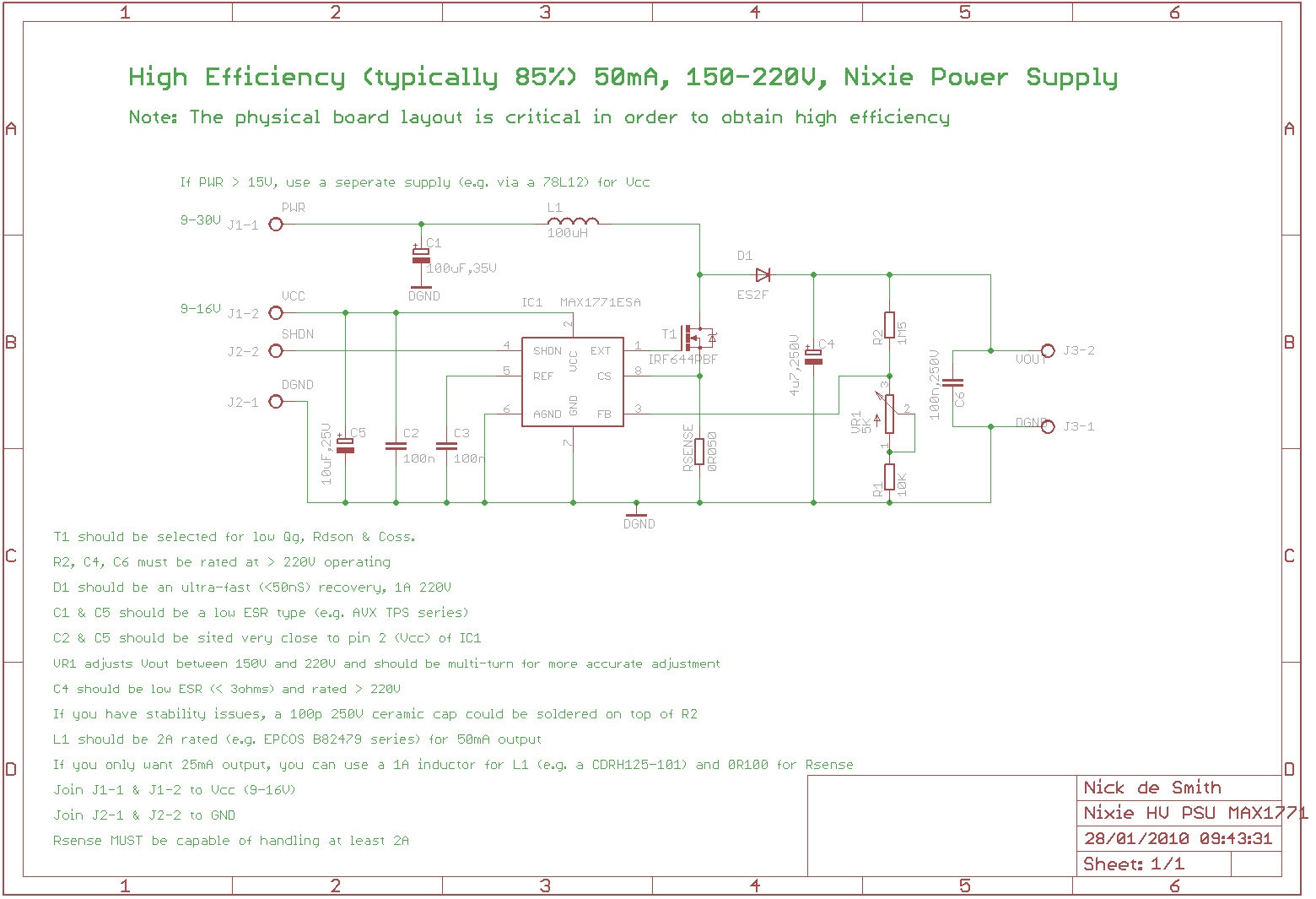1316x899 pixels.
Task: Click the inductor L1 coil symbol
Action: coord(573,222)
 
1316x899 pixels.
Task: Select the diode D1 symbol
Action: coord(763,274)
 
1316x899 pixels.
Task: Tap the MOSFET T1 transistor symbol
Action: coord(697,338)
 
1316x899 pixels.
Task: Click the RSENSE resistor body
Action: coord(699,452)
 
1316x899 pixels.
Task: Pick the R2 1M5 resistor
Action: coord(889,325)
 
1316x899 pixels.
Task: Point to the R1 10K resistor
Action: coord(889,477)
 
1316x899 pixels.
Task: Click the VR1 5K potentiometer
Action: coord(889,414)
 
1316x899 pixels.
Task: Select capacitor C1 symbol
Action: coord(421,255)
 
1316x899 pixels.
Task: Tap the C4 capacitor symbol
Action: coord(813,357)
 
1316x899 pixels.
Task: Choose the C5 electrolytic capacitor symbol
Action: coord(345,445)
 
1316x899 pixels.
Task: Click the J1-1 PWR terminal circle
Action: coord(276,224)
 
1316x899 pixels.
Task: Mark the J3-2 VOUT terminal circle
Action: coord(1048,350)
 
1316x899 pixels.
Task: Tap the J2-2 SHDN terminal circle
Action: coord(276,350)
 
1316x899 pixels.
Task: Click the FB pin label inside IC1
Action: coord(604,414)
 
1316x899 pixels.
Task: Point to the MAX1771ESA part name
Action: coord(600,302)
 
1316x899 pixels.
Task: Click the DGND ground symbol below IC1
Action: coord(636,513)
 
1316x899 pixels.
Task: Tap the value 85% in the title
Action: coord(546,77)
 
